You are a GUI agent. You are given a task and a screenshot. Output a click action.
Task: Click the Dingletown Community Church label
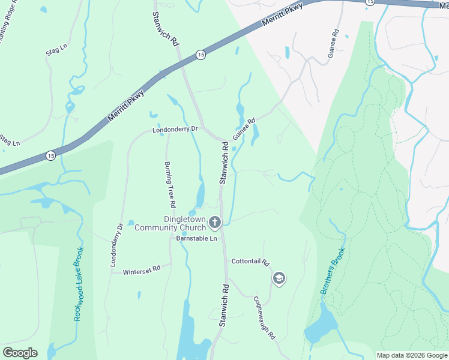coord(170,223)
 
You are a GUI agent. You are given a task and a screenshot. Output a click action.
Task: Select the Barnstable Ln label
coord(196,238)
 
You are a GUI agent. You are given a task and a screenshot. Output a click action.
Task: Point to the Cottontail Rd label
coord(251,263)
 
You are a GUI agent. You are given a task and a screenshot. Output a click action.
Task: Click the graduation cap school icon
coord(279,278)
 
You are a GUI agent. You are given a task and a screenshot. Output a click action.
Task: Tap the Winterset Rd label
coord(142,271)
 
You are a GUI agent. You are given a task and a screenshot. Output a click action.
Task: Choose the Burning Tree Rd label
coord(170,184)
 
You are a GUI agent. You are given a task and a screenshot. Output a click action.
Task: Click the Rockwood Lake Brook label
coord(79,283)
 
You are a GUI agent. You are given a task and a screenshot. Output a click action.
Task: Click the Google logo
coord(20,352)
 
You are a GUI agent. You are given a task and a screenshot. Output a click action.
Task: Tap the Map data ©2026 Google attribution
coord(412,355)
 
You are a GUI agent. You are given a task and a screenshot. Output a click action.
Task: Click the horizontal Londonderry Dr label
coord(175,129)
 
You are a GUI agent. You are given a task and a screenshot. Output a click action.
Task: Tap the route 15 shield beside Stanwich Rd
coord(199,55)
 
